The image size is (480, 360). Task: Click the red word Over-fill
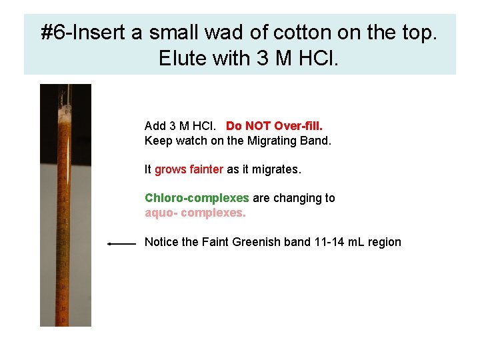[299, 126]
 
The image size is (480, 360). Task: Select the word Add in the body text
[155, 126]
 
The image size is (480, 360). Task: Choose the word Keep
[157, 141]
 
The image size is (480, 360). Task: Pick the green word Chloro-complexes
[197, 198]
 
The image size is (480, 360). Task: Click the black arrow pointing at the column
[122, 244]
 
